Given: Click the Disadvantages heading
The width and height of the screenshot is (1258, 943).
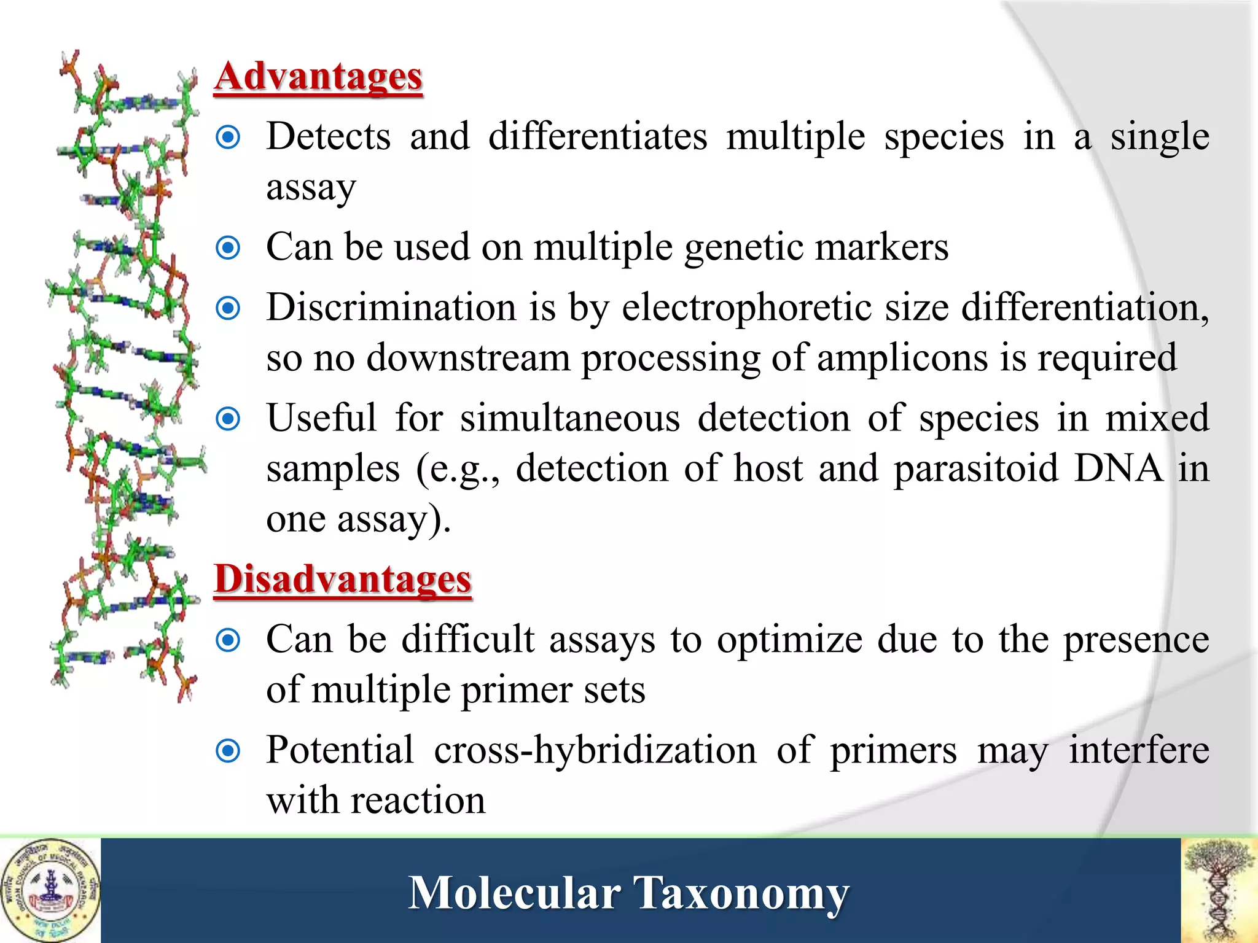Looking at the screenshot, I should pyautogui.click(x=343, y=579).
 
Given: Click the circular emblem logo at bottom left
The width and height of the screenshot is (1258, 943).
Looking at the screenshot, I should pyautogui.click(x=50, y=891).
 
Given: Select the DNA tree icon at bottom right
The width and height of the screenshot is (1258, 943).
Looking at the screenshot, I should pyautogui.click(x=1219, y=891).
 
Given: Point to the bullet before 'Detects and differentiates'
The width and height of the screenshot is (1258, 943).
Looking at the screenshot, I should pyautogui.click(x=229, y=137).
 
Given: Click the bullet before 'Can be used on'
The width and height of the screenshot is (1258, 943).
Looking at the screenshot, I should pyautogui.click(x=229, y=248).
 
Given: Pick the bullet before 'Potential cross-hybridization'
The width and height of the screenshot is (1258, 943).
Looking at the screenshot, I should pyautogui.click(x=229, y=750).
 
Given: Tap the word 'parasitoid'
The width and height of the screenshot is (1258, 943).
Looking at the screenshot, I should pyautogui.click(x=976, y=469).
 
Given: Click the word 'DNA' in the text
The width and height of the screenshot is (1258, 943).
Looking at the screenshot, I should pyautogui.click(x=1118, y=469).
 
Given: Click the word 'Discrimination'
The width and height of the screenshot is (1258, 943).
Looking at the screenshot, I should pyautogui.click(x=391, y=308).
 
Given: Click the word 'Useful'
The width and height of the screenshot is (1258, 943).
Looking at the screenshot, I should pyautogui.click(x=321, y=419).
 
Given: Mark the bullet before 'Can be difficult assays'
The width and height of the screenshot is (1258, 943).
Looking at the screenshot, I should pyautogui.click(x=229, y=640).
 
